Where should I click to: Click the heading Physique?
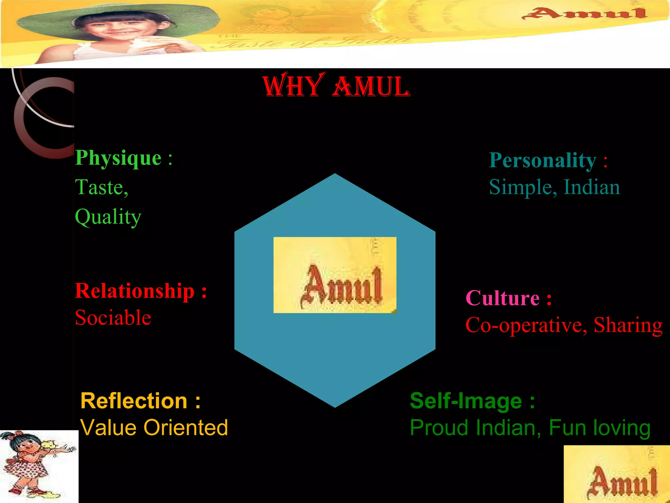(x=118, y=158)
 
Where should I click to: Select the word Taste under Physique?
(x=99, y=187)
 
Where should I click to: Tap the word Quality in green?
(x=108, y=217)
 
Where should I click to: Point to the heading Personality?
(x=542, y=160)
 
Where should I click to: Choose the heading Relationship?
(x=135, y=291)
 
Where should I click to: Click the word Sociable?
(x=113, y=318)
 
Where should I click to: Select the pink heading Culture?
(x=502, y=298)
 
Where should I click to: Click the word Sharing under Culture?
(x=628, y=325)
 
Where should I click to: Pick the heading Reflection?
(x=134, y=401)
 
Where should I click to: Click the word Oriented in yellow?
(x=186, y=428)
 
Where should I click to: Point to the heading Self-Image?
(x=466, y=401)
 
